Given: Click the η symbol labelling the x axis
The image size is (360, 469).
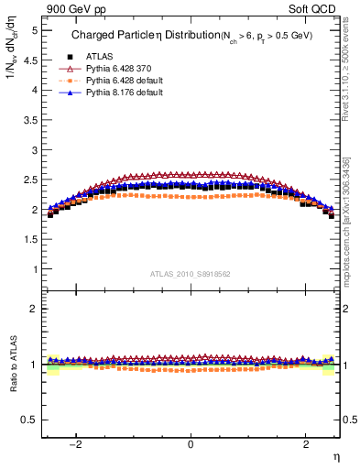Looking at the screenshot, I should (335, 458).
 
